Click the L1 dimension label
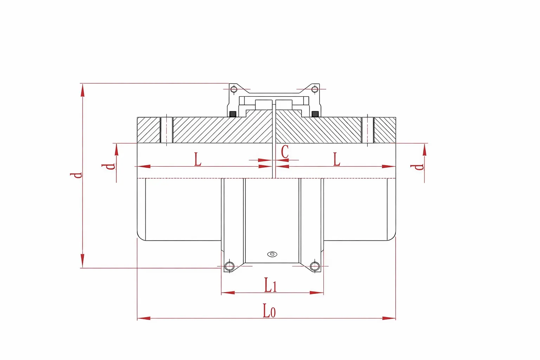[x=270, y=285]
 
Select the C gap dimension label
[x=285, y=152]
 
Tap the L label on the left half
[x=198, y=159]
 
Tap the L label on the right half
[x=336, y=159]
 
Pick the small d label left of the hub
[x=108, y=167]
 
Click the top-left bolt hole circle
[x=233, y=89]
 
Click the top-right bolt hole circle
[x=315, y=89]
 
